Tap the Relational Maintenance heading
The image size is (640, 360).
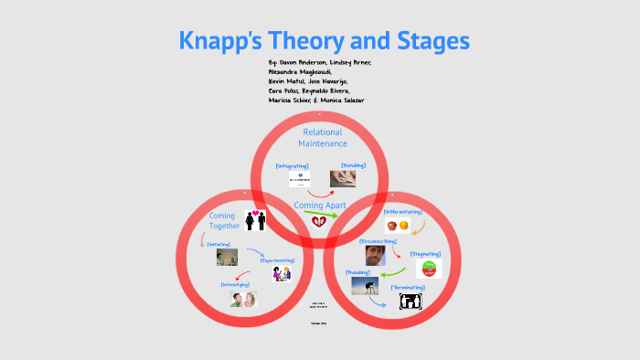pos(325,137)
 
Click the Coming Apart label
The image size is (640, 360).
pos(320,205)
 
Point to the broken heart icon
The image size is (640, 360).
pos(319,222)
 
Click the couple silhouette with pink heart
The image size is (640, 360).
pos(254,220)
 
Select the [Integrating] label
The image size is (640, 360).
pos(292,165)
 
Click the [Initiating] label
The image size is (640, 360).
pos(219,244)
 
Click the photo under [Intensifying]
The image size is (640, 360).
pos(243,299)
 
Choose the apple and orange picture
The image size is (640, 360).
pos(399,225)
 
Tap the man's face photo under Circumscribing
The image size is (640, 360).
pos(376,255)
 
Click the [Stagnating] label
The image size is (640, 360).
pos(427,253)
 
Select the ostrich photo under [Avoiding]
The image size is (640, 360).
pos(365,287)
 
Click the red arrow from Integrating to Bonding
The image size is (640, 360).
pos(319,189)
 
